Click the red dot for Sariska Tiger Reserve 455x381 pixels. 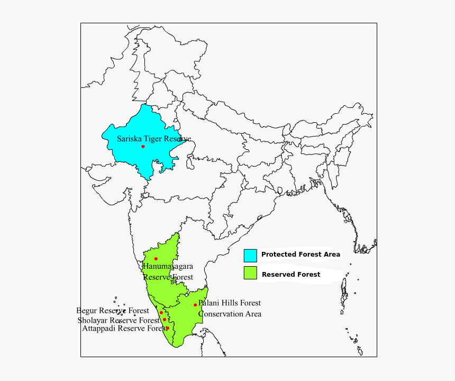(x=143, y=147)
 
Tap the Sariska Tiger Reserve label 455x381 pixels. (x=153, y=139)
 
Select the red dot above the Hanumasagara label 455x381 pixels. (x=156, y=259)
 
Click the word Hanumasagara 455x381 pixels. (x=167, y=266)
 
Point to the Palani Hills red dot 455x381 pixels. (x=195, y=305)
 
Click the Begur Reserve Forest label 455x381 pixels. (x=113, y=311)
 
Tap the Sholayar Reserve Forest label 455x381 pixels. (x=119, y=320)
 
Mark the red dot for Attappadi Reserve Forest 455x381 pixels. (x=168, y=328)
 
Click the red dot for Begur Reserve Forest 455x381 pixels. (x=161, y=313)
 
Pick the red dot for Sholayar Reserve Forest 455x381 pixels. (x=165, y=320)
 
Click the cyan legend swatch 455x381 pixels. (x=250, y=255)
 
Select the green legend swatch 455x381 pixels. (x=250, y=273)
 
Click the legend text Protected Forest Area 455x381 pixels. (x=301, y=255)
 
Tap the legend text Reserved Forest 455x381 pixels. (x=291, y=275)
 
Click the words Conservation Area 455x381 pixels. (x=230, y=314)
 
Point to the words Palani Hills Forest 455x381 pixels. (x=230, y=303)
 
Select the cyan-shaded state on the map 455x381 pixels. (x=127, y=153)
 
